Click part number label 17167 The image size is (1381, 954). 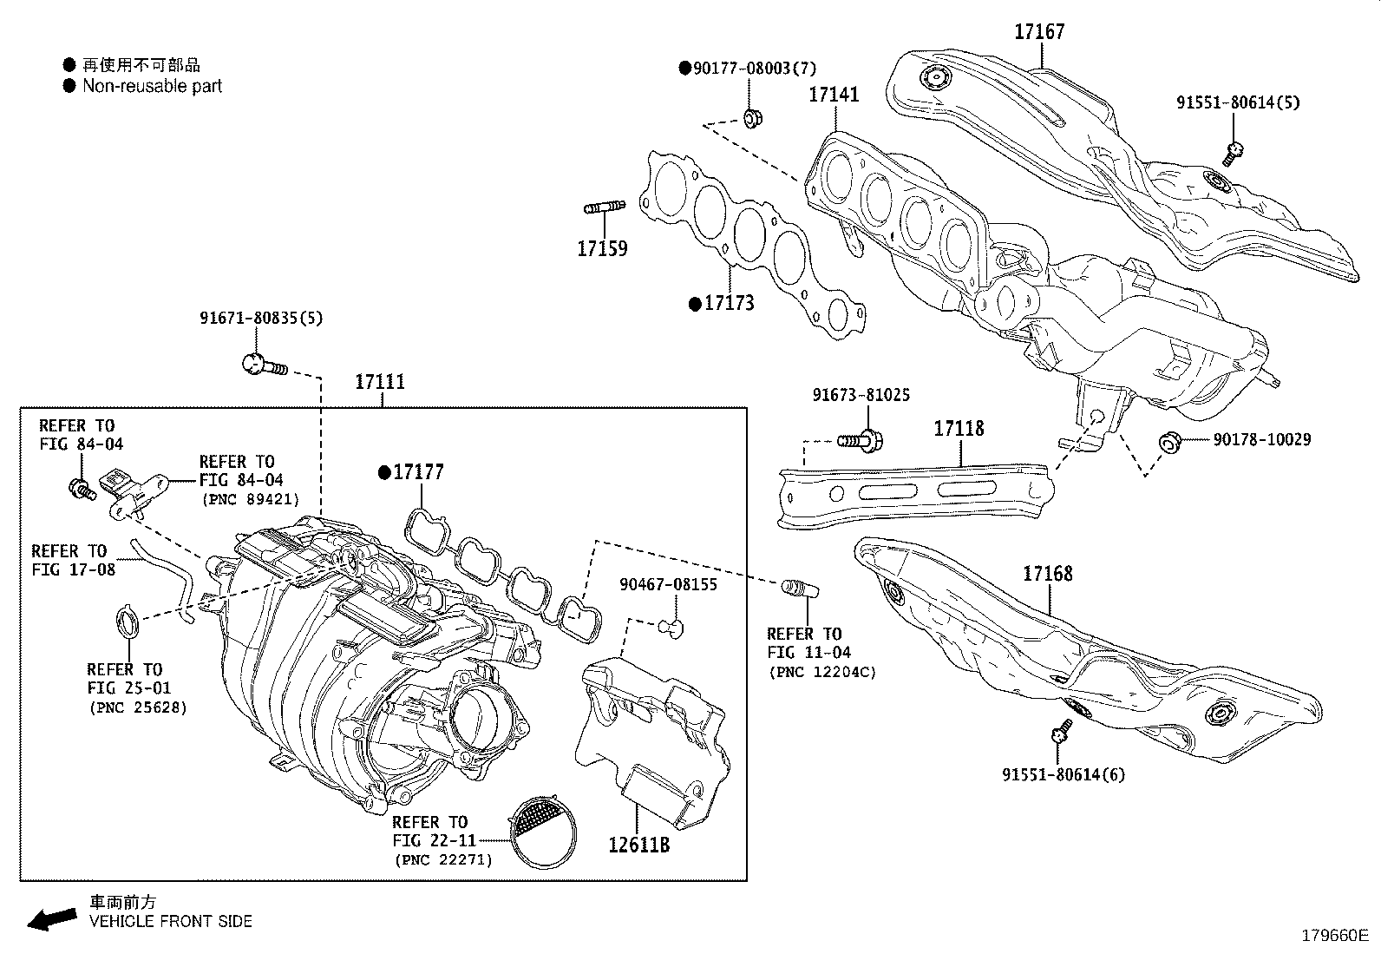point(1039,32)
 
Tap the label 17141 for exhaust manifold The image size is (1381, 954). point(834,94)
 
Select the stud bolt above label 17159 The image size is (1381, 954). point(604,207)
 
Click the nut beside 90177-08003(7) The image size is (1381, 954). point(752,116)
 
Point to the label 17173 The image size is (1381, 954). point(729,303)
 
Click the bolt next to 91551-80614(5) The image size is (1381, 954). point(1234,153)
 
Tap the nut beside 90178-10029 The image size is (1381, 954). point(1168,443)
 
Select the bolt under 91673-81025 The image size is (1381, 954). point(861,441)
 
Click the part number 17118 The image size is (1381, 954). point(959,428)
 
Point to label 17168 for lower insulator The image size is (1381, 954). point(1047,573)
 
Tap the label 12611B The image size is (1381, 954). point(638,843)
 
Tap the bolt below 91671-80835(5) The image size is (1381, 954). point(262,365)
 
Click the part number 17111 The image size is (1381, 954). point(380,382)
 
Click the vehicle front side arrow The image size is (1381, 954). point(52,918)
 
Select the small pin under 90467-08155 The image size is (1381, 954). point(671,625)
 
